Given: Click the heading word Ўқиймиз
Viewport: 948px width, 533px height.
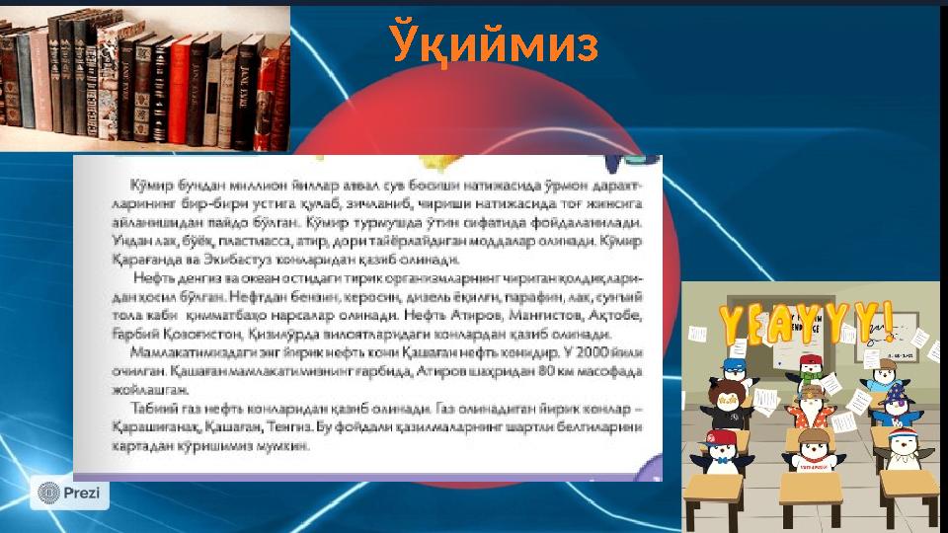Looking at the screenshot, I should pyautogui.click(x=494, y=44).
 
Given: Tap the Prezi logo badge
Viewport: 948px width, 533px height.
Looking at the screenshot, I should pyautogui.click(x=69, y=492).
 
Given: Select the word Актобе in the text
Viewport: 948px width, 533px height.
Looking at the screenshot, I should pyautogui.click(x=617, y=315).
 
